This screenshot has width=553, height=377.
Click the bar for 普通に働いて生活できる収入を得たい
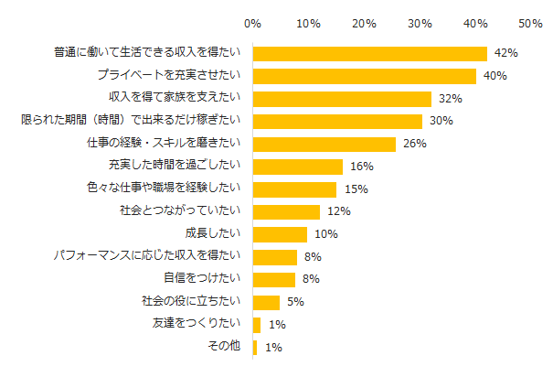pos(370,53)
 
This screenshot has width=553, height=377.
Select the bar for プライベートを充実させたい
pos(365,76)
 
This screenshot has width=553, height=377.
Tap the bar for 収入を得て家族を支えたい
pos(342,99)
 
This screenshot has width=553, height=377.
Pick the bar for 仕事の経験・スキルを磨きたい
pos(324,144)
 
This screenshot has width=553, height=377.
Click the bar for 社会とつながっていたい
pos(286,211)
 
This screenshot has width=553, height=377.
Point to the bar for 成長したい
pos(280,234)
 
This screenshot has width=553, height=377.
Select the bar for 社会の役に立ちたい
pos(266,302)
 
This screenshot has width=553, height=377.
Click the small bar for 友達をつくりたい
pos(257,325)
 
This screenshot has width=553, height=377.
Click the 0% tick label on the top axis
pos(253,21)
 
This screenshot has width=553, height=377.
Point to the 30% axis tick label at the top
pos(420,21)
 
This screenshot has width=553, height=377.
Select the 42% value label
pos(505,54)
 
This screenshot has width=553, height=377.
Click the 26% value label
pos(415,144)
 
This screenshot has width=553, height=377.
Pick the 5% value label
pos(294,302)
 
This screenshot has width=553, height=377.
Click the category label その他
pos(225,347)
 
